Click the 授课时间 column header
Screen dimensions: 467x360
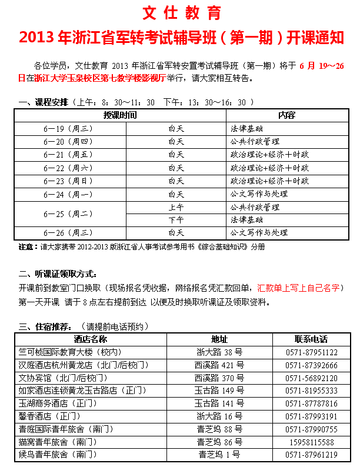click(120, 114)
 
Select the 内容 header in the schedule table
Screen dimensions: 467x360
click(286, 114)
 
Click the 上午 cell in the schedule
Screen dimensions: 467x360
click(176, 207)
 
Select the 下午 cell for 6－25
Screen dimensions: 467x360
click(176, 219)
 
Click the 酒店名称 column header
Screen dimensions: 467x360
click(91, 339)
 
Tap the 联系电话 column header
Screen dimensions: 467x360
click(311, 339)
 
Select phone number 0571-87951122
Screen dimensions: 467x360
click(311, 352)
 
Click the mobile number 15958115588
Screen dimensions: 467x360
click(311, 442)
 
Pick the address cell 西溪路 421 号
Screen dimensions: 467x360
click(219, 365)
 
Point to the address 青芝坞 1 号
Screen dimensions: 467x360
click(219, 455)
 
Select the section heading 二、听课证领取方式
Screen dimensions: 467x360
click(57, 275)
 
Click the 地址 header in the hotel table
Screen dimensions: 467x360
click(219, 339)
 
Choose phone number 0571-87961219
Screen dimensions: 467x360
click(311, 455)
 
